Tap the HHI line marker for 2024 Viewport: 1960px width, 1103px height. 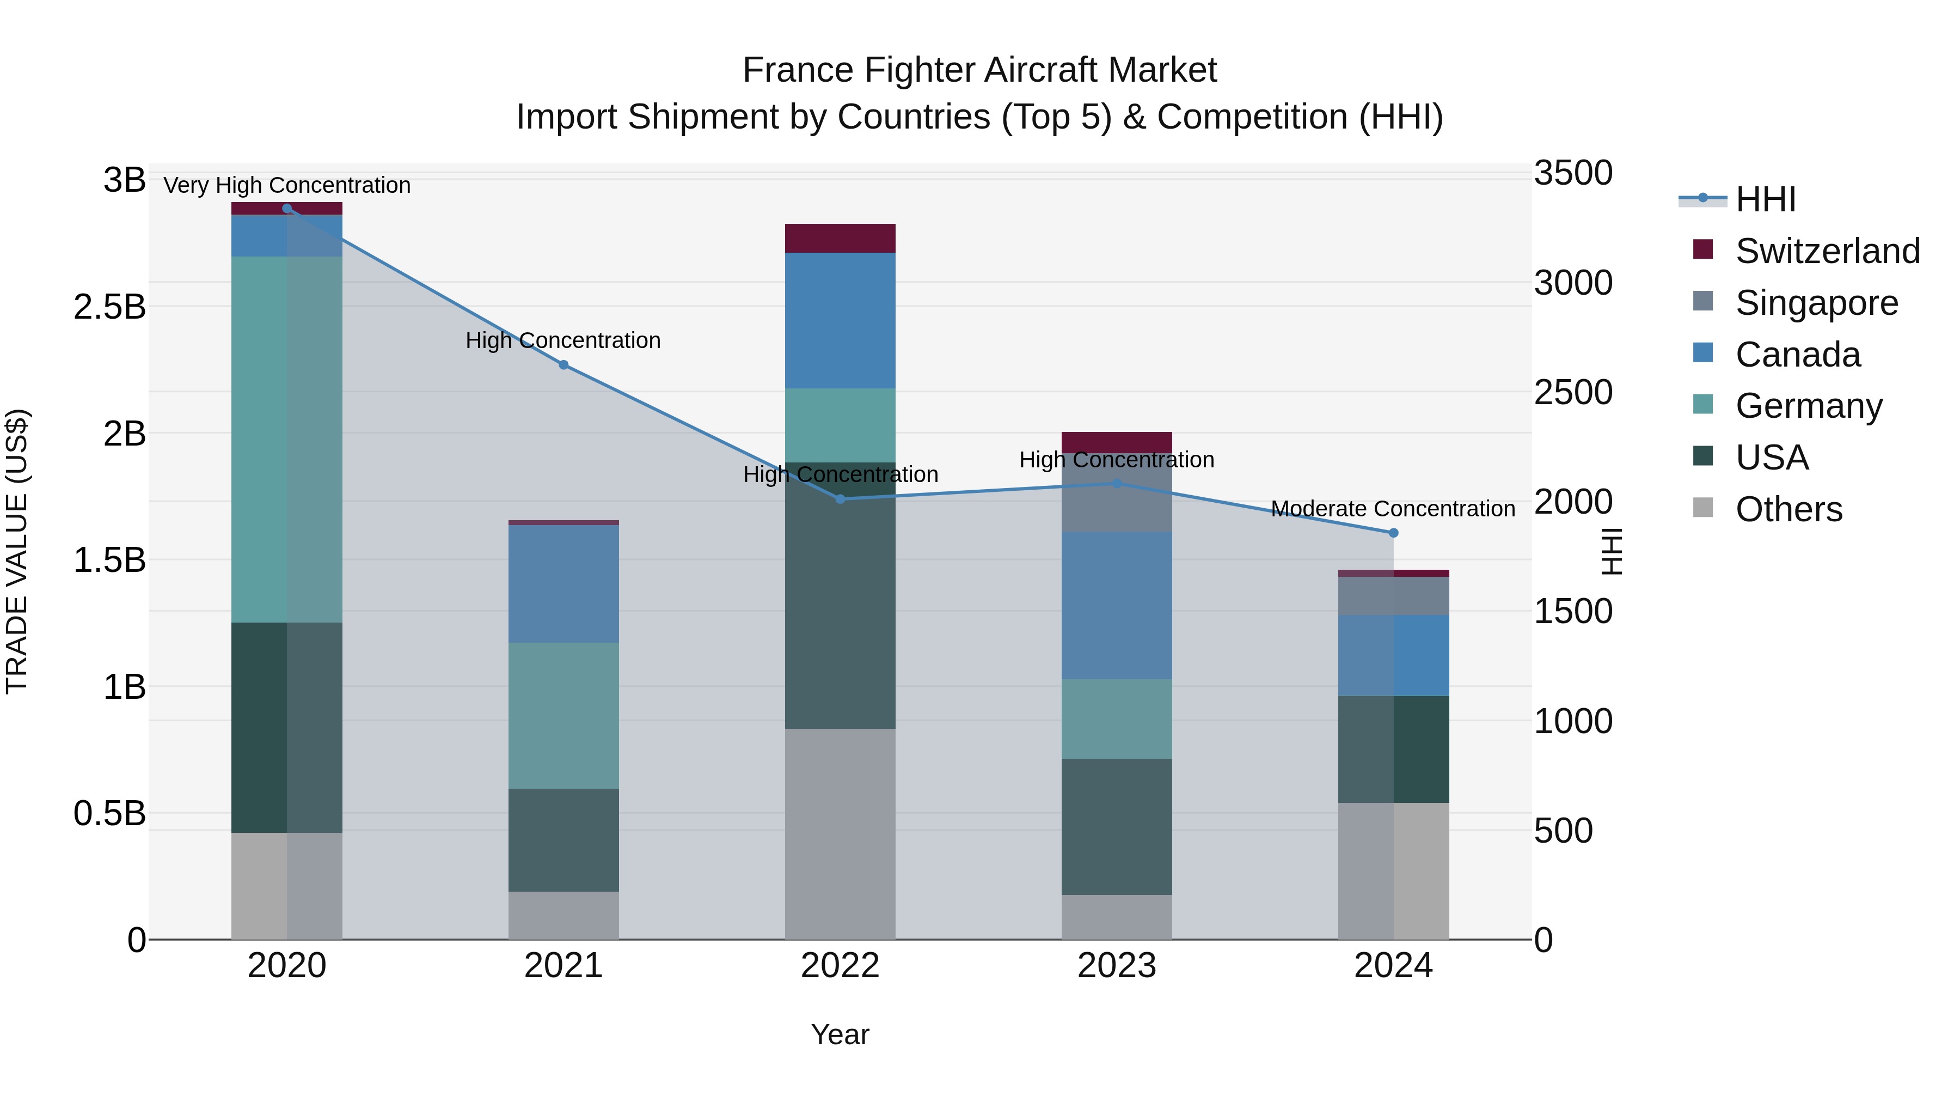point(1393,533)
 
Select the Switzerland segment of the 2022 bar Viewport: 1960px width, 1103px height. point(840,238)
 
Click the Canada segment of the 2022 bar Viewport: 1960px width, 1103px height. point(840,320)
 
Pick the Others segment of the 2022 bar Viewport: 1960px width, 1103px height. point(840,833)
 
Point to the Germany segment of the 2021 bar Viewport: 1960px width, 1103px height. point(563,716)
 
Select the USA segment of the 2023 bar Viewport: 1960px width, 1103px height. point(1116,827)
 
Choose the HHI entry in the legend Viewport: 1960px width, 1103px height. point(1765,199)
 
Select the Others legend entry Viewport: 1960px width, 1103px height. point(1788,509)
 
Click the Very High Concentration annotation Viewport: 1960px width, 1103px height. point(287,185)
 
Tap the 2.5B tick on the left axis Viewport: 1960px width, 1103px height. point(109,307)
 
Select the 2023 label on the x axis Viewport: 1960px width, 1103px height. point(1116,966)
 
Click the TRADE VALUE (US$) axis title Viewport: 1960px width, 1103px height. point(17,551)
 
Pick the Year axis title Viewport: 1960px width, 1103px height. point(840,1034)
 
